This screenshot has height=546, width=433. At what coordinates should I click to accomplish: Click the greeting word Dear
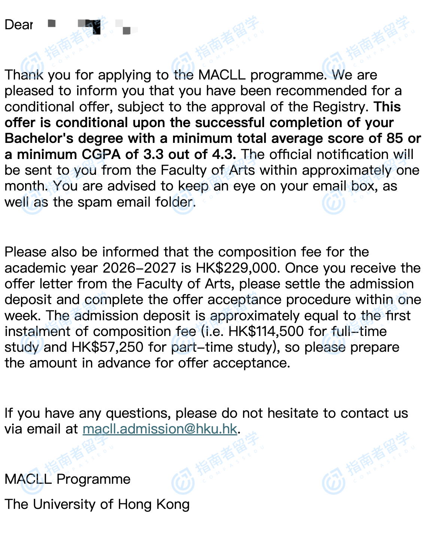tap(19, 25)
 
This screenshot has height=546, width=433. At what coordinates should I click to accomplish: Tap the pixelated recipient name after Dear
tap(92, 26)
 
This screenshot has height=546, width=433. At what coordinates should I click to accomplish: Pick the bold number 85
tap(395, 138)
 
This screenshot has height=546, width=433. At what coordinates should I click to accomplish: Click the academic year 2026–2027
tap(139, 268)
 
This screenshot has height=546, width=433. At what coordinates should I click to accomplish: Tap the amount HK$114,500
tap(266, 331)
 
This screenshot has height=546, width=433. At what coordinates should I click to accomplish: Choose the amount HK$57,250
tap(108, 347)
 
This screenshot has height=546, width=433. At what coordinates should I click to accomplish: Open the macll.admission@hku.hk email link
tap(160, 429)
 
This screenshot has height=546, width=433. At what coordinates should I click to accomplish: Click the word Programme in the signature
tap(93, 479)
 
